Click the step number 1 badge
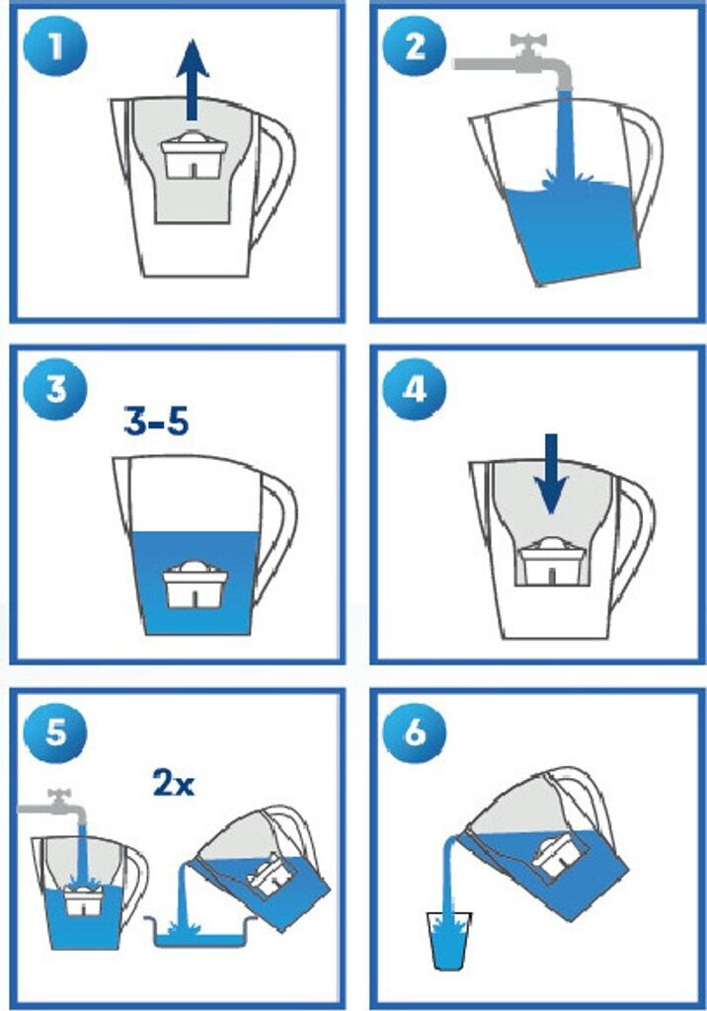pyautogui.click(x=54, y=46)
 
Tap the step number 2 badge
pyautogui.click(x=414, y=46)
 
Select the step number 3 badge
pyautogui.click(x=54, y=389)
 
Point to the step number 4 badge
pyautogui.click(x=414, y=389)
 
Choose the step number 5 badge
pyautogui.click(x=54, y=733)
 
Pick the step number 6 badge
pyautogui.click(x=414, y=733)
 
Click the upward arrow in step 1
pyautogui.click(x=193, y=79)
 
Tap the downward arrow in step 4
pyautogui.click(x=551, y=474)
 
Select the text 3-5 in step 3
pyautogui.click(x=156, y=422)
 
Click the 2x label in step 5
pyautogui.click(x=174, y=782)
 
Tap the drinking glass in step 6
pyautogui.click(x=449, y=940)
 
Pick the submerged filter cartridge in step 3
pyautogui.click(x=196, y=584)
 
